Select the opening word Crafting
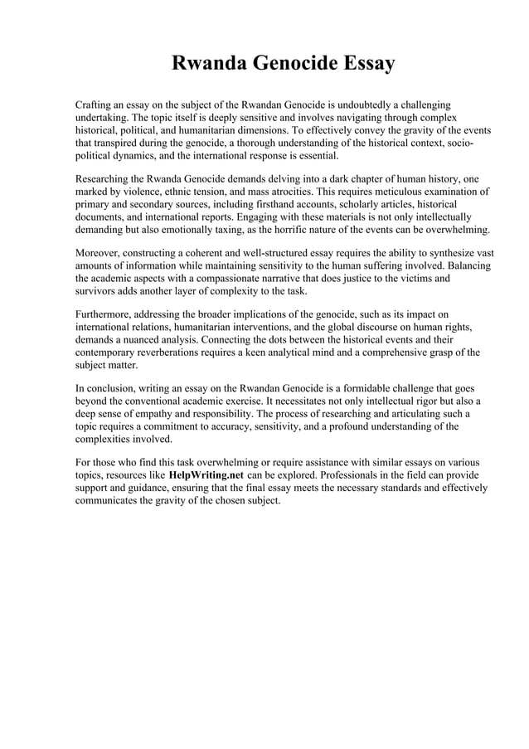point(95,106)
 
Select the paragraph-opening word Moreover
point(100,252)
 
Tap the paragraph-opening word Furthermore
point(106,314)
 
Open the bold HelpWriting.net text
point(206,474)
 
